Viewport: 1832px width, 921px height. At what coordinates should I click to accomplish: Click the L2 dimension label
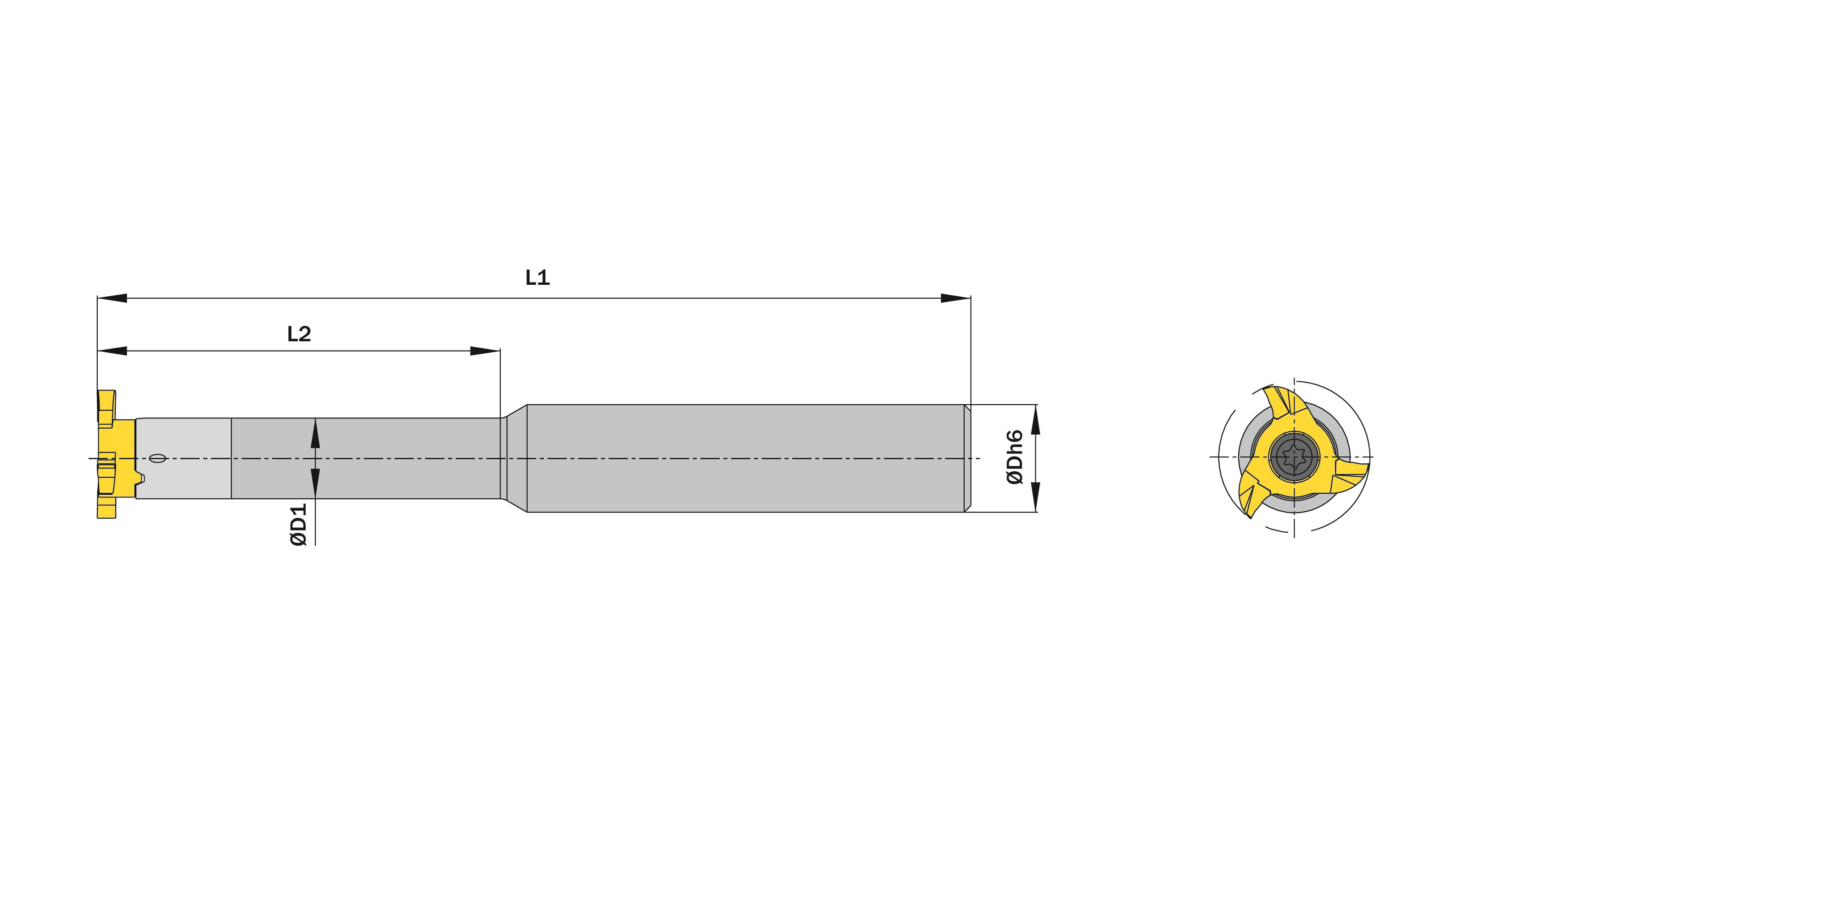click(x=299, y=334)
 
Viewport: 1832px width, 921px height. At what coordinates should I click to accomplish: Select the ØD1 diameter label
click(x=299, y=525)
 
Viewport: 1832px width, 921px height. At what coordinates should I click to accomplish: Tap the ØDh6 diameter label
click(x=1015, y=457)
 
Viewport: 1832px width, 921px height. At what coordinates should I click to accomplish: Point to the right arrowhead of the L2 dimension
click(x=485, y=351)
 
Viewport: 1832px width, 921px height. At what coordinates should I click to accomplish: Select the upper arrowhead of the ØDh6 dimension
click(x=1035, y=419)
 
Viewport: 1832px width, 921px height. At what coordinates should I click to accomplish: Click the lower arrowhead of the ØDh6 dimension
click(x=1035, y=496)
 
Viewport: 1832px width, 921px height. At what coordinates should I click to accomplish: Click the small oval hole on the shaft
click(x=159, y=458)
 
